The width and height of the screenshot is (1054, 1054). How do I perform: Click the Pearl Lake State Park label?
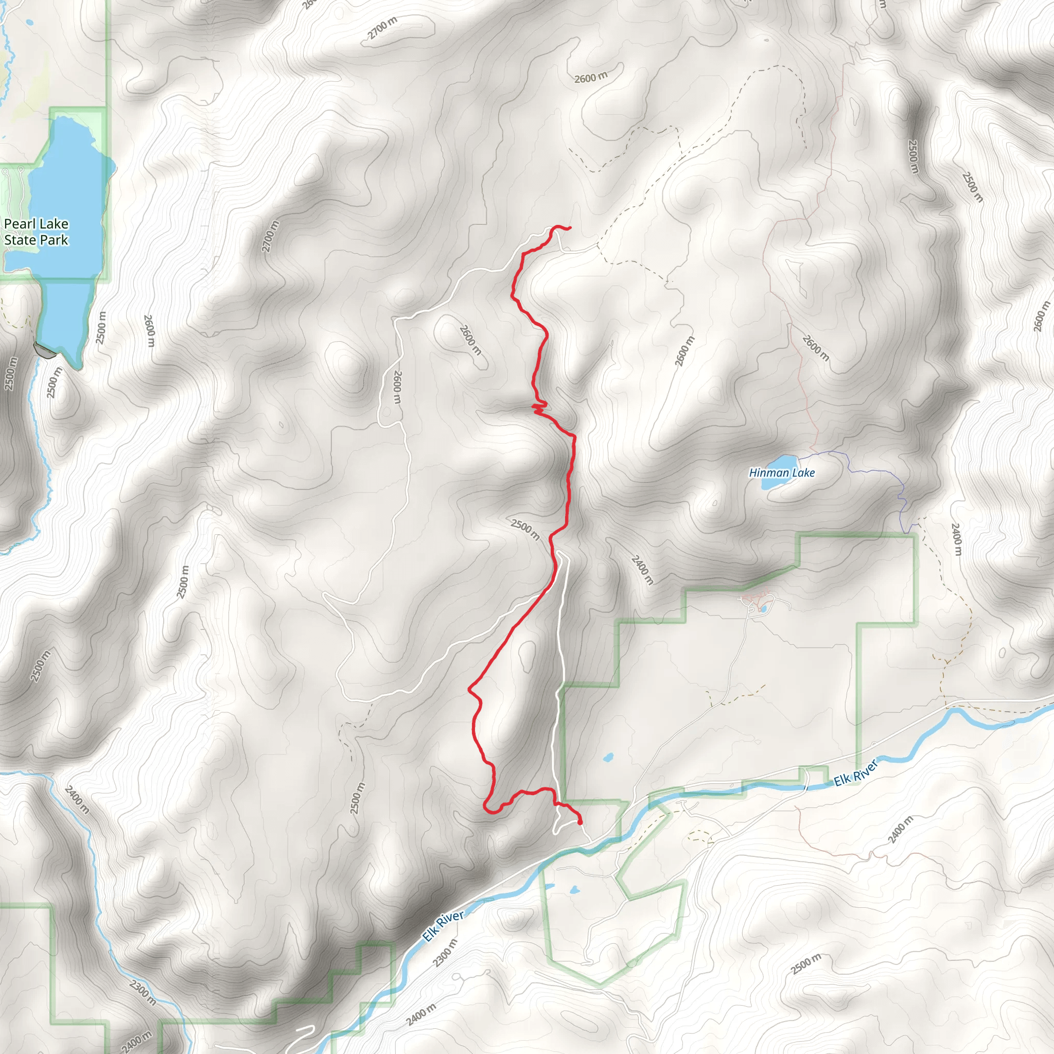(36, 232)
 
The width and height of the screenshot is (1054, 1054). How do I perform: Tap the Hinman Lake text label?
(781, 473)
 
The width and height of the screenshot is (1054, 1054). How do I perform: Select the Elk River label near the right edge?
(856, 774)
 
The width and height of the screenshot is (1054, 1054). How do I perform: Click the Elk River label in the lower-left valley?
(443, 926)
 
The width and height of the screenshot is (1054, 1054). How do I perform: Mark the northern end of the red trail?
(570, 227)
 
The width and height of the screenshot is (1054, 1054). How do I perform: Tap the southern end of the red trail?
(579, 823)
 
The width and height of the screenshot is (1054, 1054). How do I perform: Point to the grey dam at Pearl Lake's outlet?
(45, 352)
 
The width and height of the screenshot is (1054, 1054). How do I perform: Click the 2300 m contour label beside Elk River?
(445, 954)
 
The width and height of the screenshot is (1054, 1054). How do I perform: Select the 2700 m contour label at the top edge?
(382, 28)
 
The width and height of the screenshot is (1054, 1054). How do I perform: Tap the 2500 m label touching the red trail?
(525, 529)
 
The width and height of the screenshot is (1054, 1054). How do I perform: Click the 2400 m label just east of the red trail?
(642, 570)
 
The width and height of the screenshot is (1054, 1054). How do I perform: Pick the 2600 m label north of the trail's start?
(591, 78)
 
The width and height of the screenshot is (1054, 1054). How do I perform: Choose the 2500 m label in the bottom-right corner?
(806, 964)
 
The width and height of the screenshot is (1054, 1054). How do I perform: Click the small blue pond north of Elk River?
(608, 758)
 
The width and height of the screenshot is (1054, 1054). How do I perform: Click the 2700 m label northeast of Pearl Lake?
(271, 236)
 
